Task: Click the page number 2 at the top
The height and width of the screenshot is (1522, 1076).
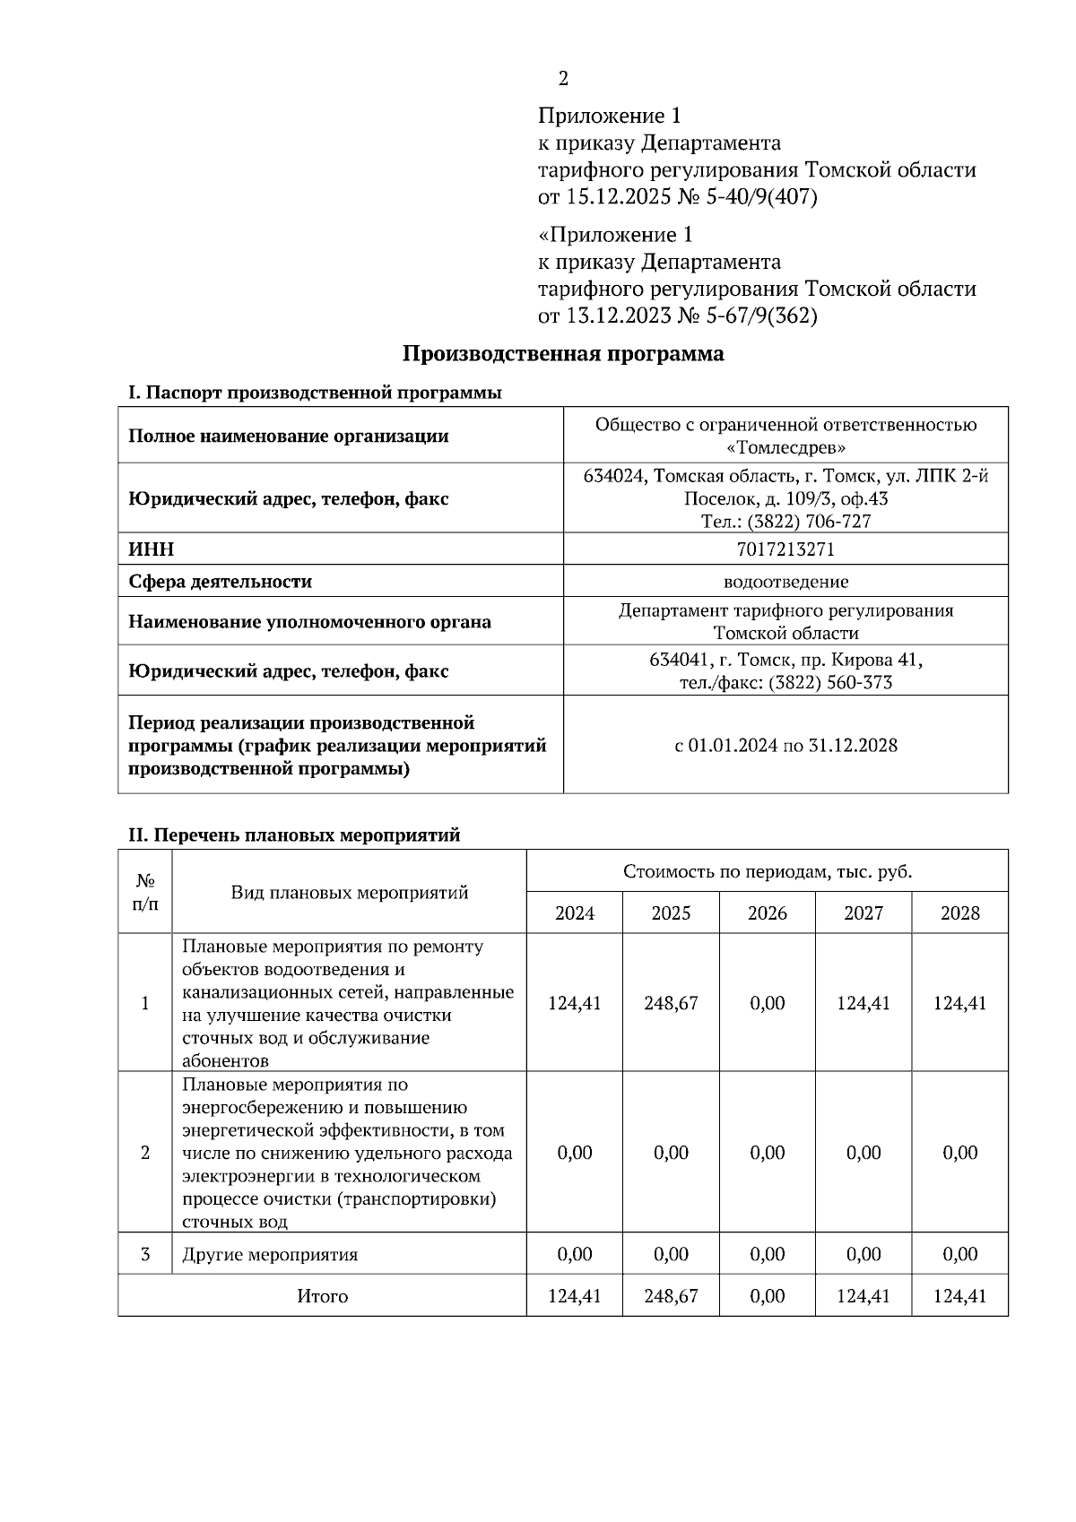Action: click(563, 79)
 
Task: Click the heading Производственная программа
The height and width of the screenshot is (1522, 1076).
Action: click(562, 353)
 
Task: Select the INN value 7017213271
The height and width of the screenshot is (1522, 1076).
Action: click(785, 549)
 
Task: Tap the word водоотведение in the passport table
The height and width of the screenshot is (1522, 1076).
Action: click(785, 582)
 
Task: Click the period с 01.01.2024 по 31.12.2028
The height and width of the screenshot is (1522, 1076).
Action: click(785, 745)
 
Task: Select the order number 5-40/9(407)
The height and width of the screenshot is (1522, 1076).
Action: click(761, 197)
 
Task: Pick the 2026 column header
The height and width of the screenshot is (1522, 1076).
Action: click(767, 913)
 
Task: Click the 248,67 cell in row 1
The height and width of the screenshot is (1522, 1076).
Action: click(671, 1003)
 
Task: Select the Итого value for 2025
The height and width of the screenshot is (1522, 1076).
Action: click(671, 1296)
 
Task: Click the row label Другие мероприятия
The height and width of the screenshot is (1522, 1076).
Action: click(270, 1254)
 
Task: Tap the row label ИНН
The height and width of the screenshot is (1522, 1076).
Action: click(152, 549)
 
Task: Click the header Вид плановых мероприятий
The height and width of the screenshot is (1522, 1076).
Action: click(349, 892)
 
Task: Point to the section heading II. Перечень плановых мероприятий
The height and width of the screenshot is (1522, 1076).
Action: click(294, 835)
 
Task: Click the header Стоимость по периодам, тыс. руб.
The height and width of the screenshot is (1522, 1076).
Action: click(767, 871)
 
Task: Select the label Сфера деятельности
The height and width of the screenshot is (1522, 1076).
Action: click(220, 582)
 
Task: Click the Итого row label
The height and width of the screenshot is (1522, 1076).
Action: click(322, 1296)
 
